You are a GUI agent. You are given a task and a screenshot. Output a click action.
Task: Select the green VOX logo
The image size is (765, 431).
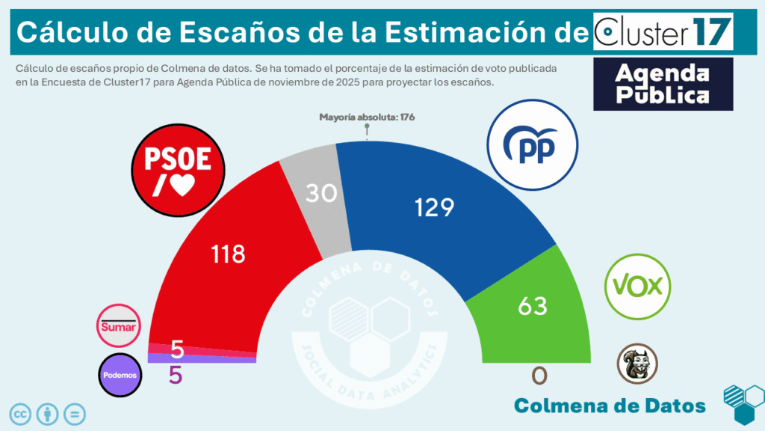[x=638, y=286]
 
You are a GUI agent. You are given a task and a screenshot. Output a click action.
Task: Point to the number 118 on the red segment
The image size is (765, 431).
[x=229, y=254]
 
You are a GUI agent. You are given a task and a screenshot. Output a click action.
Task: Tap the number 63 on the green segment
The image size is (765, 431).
[x=533, y=305]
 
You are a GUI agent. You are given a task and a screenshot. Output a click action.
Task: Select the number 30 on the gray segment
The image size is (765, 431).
[x=321, y=193]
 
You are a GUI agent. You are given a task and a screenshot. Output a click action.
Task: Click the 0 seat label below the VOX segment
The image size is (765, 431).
[x=539, y=375]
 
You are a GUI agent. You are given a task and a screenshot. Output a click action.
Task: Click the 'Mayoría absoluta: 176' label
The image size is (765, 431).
[x=367, y=117]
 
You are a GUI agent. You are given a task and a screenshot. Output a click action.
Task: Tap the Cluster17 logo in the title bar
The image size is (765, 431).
[x=663, y=31]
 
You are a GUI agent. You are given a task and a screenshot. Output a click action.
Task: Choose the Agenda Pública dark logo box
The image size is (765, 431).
[x=663, y=84]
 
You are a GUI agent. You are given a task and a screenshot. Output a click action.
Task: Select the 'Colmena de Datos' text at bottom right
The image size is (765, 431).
[x=610, y=406]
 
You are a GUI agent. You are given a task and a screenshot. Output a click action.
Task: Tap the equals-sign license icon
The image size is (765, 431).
[x=75, y=413]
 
